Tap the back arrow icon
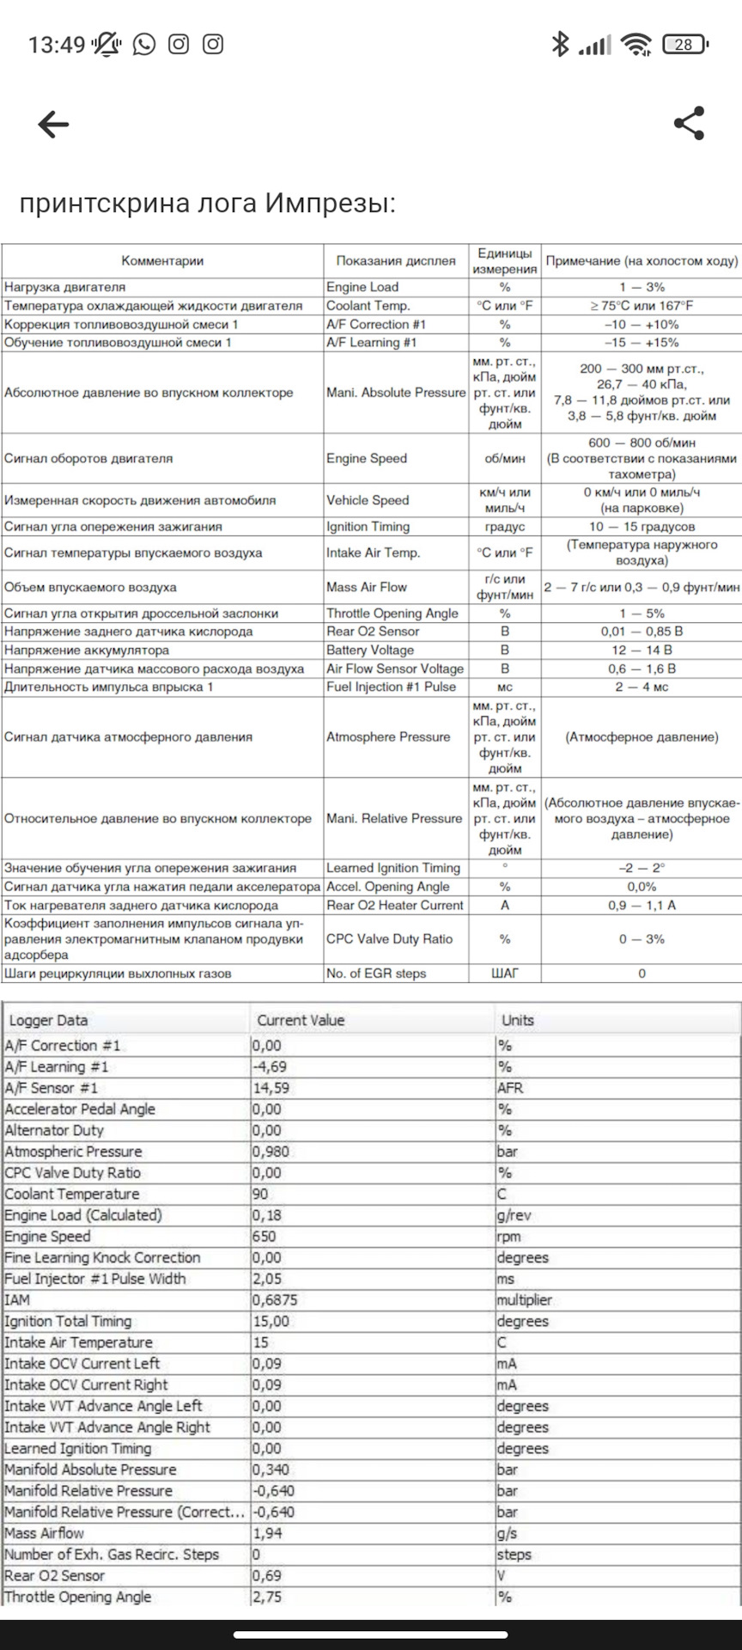(x=53, y=125)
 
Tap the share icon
(x=690, y=124)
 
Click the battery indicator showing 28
(x=685, y=45)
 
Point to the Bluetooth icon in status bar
(x=560, y=45)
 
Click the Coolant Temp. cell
(x=368, y=306)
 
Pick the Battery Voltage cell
(x=369, y=651)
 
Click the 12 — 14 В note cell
(x=642, y=651)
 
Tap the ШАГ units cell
(x=504, y=974)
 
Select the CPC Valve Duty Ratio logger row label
(x=72, y=1173)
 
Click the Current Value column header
(x=301, y=1021)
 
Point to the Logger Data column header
(x=48, y=1021)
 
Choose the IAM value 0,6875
(x=275, y=1300)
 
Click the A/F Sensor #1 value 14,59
(x=271, y=1088)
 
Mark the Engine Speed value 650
(x=265, y=1237)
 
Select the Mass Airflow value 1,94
(x=267, y=1533)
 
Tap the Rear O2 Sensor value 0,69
(x=267, y=1576)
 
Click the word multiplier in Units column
(x=524, y=1300)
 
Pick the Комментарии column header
(x=162, y=261)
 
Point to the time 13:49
(x=57, y=45)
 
